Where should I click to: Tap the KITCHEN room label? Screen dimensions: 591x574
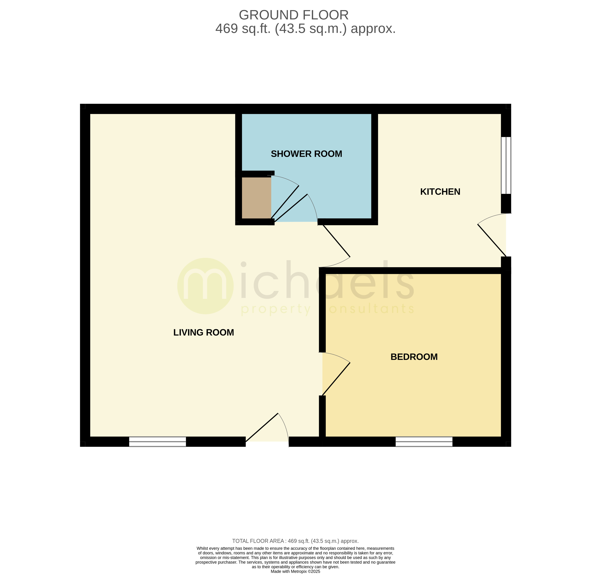click(440, 192)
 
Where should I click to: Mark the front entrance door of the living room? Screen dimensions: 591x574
click(262, 427)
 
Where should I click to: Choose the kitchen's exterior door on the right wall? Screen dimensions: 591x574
click(492, 240)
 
